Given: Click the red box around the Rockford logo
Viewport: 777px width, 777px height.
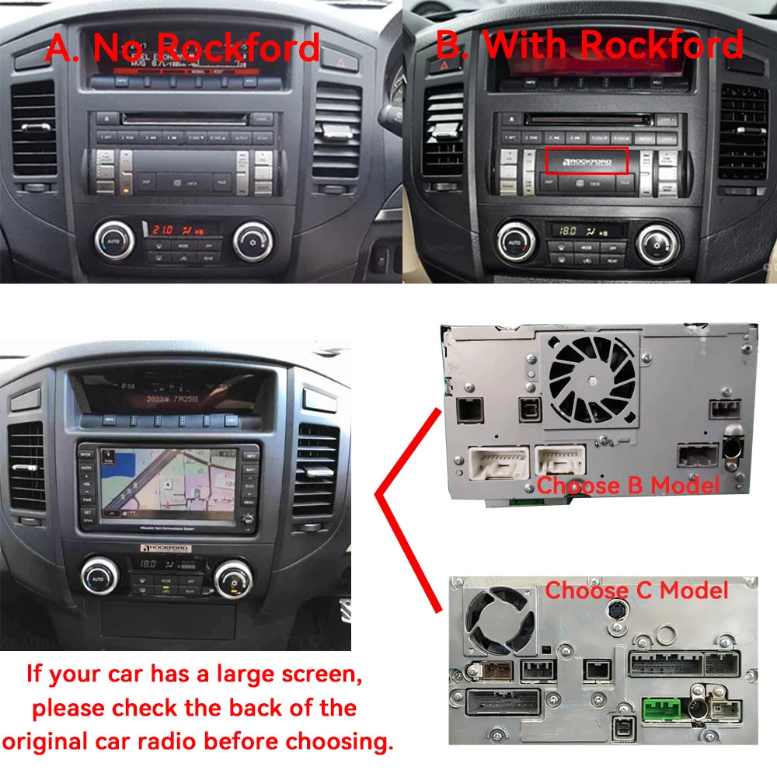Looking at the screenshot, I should [x=587, y=160].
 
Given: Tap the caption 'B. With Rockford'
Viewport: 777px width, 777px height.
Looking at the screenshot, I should [x=589, y=45].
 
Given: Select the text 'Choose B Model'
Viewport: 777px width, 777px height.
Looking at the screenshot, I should [x=628, y=486].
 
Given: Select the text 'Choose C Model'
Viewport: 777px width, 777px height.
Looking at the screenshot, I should [x=637, y=590].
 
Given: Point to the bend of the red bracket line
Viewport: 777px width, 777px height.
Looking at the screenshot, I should [x=378, y=493].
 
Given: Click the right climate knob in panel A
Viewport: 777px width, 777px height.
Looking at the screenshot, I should [x=253, y=241].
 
